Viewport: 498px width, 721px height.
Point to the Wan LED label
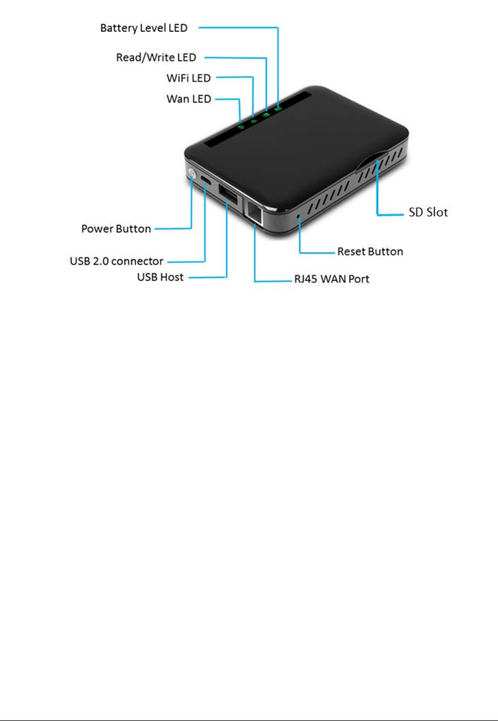point(188,99)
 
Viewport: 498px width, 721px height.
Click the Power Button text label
point(116,229)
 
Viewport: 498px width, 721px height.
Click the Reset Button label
point(370,251)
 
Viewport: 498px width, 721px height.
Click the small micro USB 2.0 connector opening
point(206,182)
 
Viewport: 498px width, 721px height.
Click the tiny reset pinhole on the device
point(298,216)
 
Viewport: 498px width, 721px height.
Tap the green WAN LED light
point(240,126)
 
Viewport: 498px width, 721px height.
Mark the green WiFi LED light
point(253,120)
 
